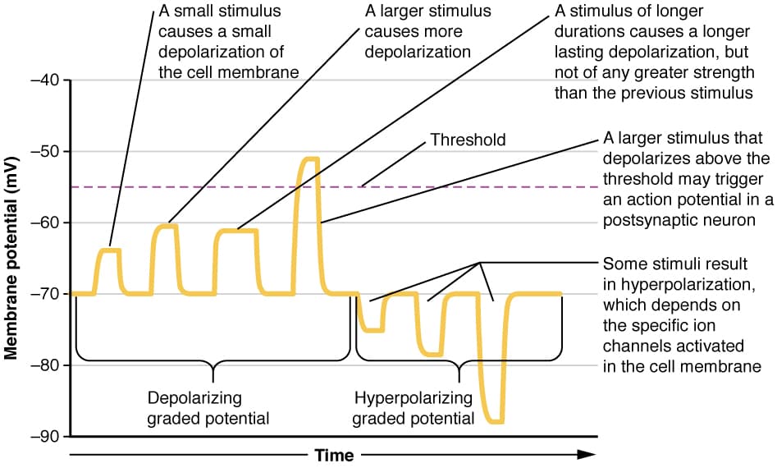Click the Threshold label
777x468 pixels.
(468, 140)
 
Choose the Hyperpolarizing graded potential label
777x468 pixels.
(414, 408)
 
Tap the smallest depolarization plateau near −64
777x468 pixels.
(110, 250)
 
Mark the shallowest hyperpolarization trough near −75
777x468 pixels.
(373, 329)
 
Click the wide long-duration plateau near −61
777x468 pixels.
(236, 231)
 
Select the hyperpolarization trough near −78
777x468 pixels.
(431, 354)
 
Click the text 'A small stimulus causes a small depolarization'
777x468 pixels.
(224, 42)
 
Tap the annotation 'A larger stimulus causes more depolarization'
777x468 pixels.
(427, 32)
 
